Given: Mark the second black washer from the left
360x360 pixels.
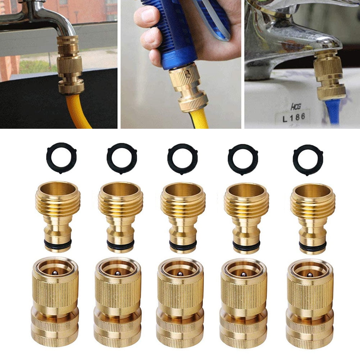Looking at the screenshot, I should pyautogui.click(x=122, y=159).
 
